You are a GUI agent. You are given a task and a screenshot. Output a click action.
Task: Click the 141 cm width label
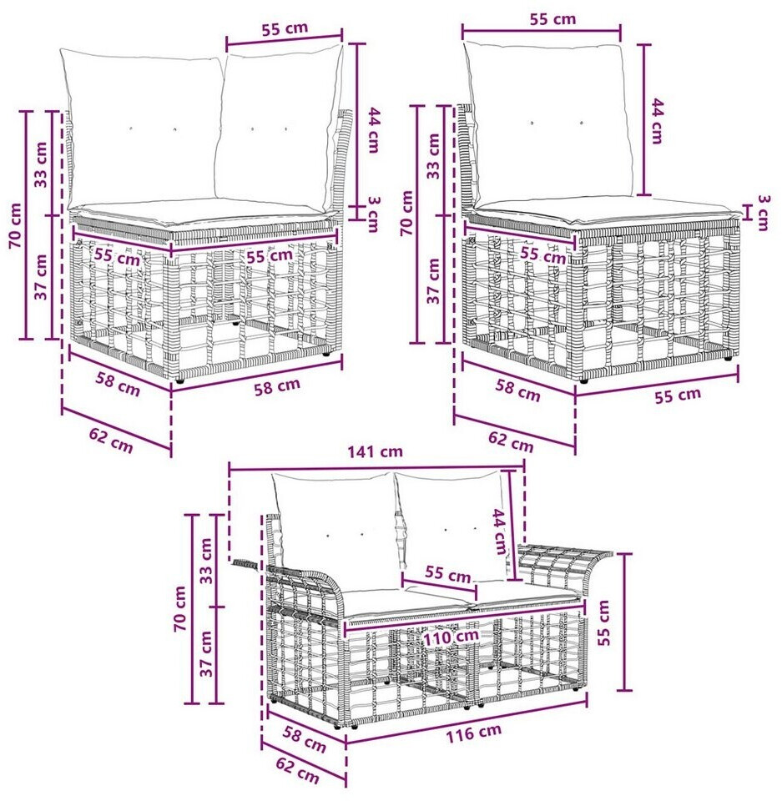click(x=376, y=451)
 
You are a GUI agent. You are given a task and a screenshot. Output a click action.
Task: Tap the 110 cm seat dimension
click(x=451, y=637)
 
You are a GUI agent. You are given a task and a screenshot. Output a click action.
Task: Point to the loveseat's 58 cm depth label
click(x=305, y=739)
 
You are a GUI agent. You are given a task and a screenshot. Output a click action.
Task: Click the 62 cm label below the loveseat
click(x=297, y=770)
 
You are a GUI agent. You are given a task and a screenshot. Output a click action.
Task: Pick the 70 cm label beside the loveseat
click(x=180, y=608)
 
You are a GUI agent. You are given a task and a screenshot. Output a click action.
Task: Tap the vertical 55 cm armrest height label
click(x=603, y=622)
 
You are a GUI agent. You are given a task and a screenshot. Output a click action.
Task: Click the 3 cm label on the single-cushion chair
click(x=762, y=212)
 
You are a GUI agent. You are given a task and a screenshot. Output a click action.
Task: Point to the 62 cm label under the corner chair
click(x=111, y=441)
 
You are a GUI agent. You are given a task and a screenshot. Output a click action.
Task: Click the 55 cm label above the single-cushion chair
click(x=552, y=19)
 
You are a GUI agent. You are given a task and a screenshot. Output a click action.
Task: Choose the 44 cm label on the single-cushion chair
click(x=657, y=121)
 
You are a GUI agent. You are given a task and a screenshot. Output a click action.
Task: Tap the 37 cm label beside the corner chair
click(x=41, y=276)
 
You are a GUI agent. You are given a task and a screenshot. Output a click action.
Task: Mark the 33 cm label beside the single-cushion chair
click(x=433, y=156)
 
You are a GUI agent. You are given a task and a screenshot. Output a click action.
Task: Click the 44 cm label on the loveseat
click(x=499, y=531)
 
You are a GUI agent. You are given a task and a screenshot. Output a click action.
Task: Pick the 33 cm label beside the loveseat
click(x=205, y=561)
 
